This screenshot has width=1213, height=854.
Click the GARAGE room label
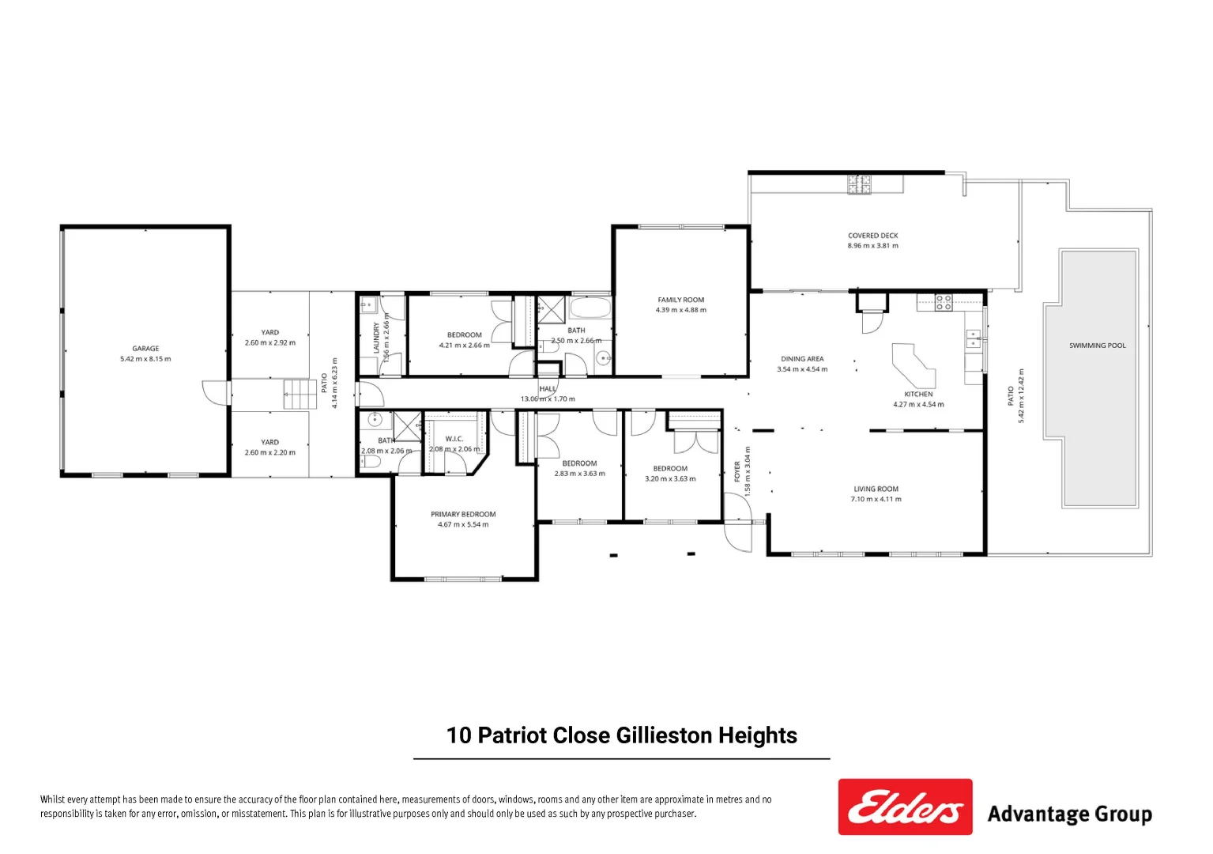[x=145, y=348]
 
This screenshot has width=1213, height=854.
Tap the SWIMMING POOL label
[x=1097, y=346]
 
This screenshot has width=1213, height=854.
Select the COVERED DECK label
[x=872, y=236]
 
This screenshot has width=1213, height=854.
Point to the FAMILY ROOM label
[x=680, y=300]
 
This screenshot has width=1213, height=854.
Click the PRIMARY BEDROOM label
[x=463, y=514]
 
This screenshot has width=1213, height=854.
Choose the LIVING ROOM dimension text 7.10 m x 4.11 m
[x=876, y=499]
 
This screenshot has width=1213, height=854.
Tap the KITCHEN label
[x=918, y=394]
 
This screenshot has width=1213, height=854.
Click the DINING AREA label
[x=802, y=359]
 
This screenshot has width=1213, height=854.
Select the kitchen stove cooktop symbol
[x=944, y=302]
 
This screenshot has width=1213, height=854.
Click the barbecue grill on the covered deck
[x=860, y=184]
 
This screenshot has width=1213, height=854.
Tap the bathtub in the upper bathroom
[x=590, y=308]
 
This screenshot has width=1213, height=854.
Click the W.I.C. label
[x=454, y=439]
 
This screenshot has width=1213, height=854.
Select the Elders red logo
[x=905, y=807]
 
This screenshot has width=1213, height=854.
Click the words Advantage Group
[x=1069, y=814]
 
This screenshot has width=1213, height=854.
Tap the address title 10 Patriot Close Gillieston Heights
[x=621, y=735]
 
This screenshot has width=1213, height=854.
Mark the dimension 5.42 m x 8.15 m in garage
[x=145, y=359]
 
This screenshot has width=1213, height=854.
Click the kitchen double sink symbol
[x=974, y=338]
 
